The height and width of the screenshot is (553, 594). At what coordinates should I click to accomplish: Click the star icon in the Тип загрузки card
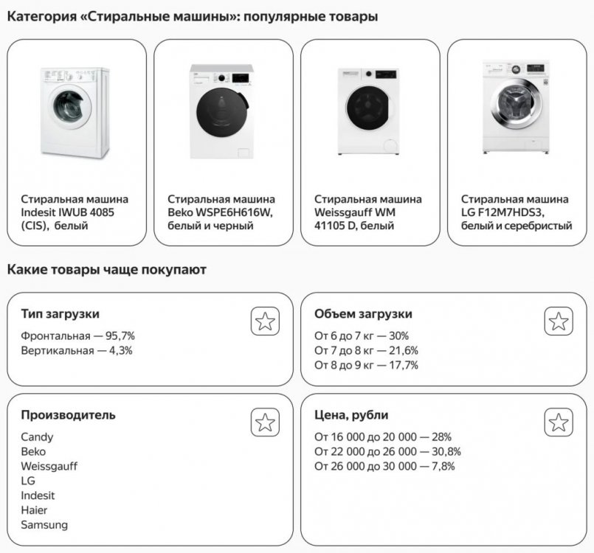(x=265, y=321)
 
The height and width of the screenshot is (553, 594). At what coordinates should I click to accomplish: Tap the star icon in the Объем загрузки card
(x=559, y=321)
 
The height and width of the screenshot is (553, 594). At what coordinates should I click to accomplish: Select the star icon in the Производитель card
(x=265, y=422)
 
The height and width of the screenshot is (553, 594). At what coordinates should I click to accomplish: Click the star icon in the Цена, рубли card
(x=559, y=422)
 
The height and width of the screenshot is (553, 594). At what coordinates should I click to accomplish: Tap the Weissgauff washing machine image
(x=369, y=111)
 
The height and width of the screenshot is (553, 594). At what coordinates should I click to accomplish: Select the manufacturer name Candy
(x=37, y=437)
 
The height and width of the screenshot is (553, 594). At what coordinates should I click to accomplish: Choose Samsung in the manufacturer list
(x=44, y=525)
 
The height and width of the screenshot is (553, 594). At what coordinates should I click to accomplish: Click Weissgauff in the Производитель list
(x=49, y=466)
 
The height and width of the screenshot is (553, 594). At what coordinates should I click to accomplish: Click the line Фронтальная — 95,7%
(x=77, y=336)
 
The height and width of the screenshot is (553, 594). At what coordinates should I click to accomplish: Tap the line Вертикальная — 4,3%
(x=77, y=351)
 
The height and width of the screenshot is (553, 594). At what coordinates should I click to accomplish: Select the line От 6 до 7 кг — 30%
(x=362, y=336)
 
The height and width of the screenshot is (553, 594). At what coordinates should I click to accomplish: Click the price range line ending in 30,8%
(x=387, y=451)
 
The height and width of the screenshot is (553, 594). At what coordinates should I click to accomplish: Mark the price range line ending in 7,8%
(x=384, y=466)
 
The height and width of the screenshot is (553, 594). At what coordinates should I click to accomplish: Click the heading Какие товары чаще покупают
(x=106, y=270)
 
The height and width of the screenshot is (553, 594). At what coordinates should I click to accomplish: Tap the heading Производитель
(x=68, y=415)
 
